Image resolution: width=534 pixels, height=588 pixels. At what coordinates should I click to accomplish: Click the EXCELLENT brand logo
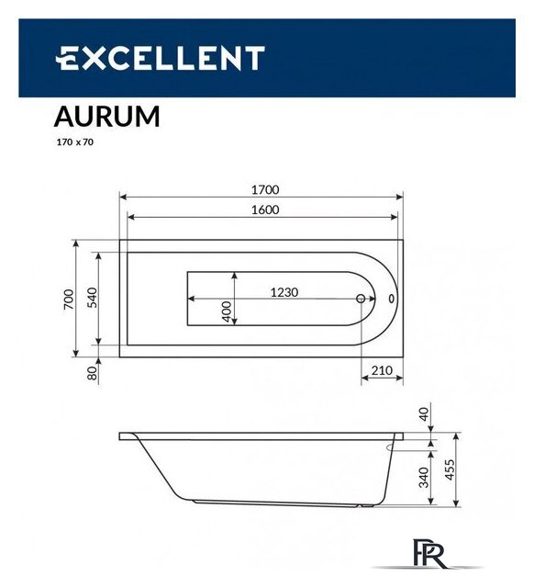160,59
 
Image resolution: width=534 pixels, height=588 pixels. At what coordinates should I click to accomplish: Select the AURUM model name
106,117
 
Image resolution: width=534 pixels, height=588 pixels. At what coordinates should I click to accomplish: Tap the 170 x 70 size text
75,142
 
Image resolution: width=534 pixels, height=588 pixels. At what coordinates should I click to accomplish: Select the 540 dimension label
93,299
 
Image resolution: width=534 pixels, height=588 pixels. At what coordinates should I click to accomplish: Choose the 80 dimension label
92,373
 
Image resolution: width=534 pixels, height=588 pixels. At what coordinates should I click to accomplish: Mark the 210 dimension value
382,371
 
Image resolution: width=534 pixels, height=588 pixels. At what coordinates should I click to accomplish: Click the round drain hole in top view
362,299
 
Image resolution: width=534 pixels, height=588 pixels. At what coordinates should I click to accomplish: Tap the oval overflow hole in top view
393,299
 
